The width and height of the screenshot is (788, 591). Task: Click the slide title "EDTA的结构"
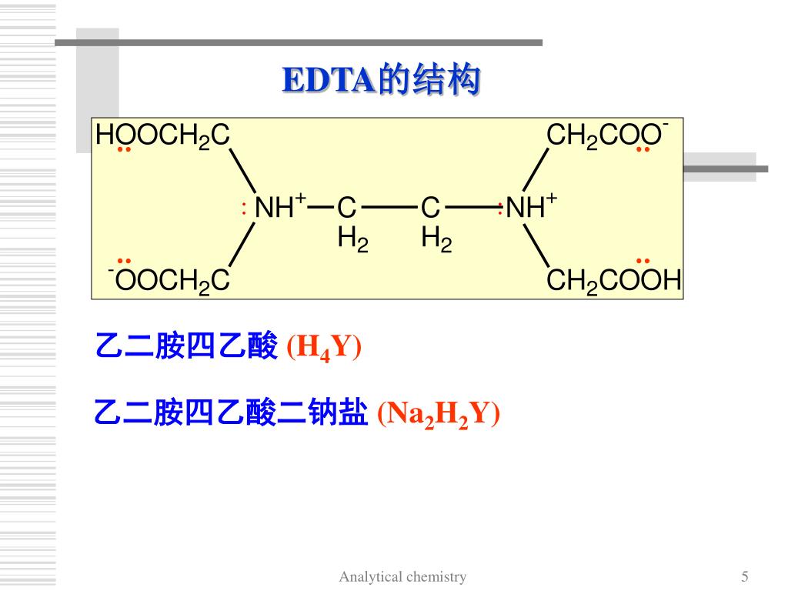tap(381, 81)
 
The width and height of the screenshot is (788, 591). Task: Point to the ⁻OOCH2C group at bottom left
tap(169, 281)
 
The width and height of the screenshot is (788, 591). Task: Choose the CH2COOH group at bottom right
tap(613, 281)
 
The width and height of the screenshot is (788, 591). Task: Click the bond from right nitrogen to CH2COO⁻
tap(536, 169)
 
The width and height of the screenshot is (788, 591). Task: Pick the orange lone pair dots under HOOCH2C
tap(124, 149)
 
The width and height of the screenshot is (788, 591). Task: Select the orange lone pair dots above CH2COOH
tap(643, 262)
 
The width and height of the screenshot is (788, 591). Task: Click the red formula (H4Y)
tap(323, 349)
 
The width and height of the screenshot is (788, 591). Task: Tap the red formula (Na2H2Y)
tap(438, 414)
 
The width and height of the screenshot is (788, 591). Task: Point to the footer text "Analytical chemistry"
tap(402, 576)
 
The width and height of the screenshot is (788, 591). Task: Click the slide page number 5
tap(745, 576)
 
